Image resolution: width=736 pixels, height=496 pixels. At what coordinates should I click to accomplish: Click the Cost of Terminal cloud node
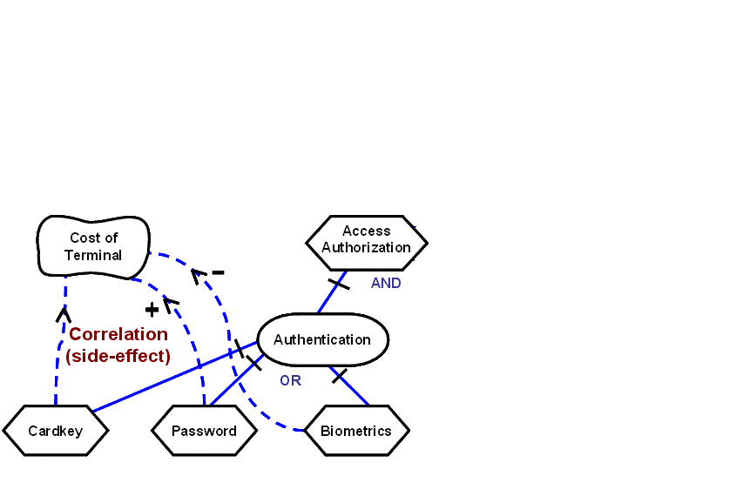tap(93, 246)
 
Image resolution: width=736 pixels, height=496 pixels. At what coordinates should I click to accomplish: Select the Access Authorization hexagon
tap(366, 239)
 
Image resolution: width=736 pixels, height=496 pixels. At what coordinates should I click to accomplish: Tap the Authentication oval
tap(322, 339)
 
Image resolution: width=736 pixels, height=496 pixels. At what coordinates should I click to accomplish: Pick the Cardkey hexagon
tap(55, 431)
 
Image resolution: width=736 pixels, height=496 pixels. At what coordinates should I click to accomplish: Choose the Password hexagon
tap(204, 431)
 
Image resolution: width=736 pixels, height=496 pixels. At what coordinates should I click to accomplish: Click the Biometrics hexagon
tap(355, 431)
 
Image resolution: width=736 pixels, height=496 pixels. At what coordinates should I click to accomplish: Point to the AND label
tap(386, 284)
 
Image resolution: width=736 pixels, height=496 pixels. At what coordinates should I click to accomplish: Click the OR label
tap(290, 381)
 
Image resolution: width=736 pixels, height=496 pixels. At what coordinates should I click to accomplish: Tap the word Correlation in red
tap(118, 334)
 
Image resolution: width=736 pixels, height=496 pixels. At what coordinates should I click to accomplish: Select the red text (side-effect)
tap(118, 356)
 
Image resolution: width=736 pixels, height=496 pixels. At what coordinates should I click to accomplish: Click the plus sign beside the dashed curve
tap(152, 309)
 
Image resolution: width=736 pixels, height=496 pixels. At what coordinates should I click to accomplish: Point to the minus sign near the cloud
tap(218, 272)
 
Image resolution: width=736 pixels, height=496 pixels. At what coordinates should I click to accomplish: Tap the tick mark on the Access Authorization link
tap(338, 284)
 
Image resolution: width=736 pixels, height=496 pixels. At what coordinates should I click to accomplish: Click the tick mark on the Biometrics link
tap(340, 376)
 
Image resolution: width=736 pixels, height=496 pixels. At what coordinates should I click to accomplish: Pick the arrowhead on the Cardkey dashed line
tap(63, 313)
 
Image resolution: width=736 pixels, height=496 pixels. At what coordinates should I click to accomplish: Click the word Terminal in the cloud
tap(93, 255)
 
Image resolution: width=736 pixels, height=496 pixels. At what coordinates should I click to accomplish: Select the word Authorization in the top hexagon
tap(366, 247)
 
